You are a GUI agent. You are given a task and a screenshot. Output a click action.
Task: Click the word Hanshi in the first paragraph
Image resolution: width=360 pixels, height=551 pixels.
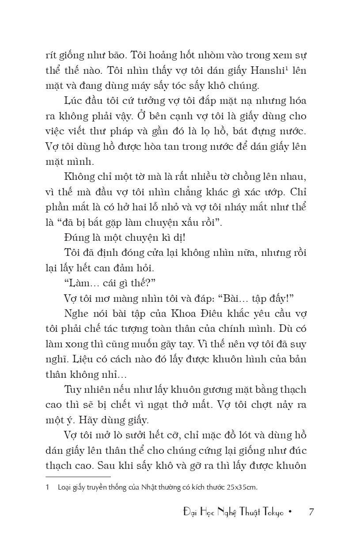click(x=269, y=70)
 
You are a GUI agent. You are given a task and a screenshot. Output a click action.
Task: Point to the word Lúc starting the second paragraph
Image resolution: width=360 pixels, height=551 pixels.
click(x=72, y=101)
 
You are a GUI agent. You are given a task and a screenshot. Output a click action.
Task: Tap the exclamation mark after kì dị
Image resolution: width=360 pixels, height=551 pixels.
click(x=184, y=238)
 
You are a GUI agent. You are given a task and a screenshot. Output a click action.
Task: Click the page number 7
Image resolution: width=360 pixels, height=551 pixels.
click(x=311, y=513)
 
